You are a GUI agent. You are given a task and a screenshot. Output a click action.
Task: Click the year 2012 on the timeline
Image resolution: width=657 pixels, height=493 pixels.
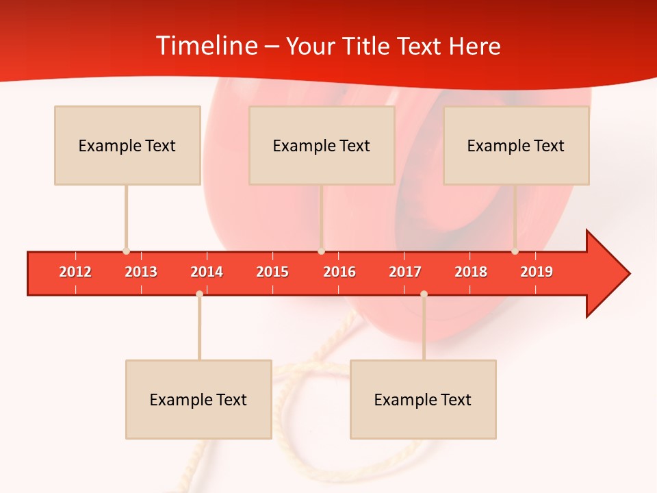pos(75,272)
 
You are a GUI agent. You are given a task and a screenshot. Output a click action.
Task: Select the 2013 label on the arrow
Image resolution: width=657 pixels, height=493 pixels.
pos(141,272)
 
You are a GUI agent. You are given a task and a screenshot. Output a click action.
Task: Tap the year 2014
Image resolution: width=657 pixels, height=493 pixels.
pos(207,272)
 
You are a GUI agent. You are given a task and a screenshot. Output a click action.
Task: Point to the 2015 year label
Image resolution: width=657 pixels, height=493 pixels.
pos(272,272)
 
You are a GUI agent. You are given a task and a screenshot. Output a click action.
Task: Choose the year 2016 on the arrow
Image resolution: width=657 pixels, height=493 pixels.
pos(339,272)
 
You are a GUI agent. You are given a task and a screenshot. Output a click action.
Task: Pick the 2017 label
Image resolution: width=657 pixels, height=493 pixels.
pos(405,272)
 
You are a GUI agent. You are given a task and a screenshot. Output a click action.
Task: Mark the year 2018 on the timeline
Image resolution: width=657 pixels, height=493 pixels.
pos(471,272)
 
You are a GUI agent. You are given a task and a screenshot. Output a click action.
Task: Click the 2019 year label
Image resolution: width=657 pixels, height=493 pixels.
pos(537,272)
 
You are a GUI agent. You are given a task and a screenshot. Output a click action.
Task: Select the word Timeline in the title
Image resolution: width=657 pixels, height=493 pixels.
pos(206,46)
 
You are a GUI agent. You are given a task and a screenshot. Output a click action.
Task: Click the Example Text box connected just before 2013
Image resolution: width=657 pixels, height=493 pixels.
pos(127,145)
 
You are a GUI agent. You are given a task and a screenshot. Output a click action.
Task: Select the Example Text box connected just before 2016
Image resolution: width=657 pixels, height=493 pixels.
pos(322,145)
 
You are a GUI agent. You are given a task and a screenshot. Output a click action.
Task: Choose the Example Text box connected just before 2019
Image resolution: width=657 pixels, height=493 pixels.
pos(516,145)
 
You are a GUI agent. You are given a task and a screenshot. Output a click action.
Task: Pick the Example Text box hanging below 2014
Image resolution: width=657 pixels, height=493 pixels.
pos(198,399)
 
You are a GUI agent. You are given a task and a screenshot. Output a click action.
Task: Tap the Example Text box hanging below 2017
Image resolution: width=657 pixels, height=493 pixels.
pos(423,399)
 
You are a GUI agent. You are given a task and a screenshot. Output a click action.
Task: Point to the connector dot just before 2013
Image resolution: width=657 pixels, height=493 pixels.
pos(126,251)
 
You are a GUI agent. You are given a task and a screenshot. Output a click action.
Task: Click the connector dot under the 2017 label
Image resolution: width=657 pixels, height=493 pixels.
pos(424,294)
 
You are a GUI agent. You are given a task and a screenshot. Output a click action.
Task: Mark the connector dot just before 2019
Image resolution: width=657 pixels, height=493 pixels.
pos(515,251)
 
